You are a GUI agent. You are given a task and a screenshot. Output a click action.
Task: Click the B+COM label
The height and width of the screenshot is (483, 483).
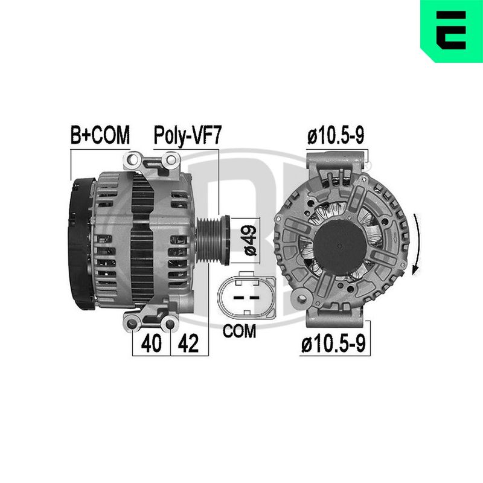(x=100, y=135)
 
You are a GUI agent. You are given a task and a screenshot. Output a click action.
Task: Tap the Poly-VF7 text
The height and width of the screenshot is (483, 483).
(x=187, y=135)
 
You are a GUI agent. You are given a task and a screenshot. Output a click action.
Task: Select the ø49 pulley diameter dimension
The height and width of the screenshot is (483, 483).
(x=250, y=240)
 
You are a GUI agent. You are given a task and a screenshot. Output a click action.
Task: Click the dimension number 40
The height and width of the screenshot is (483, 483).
(x=152, y=343)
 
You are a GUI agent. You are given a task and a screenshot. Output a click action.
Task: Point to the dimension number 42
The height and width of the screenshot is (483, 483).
(x=188, y=343)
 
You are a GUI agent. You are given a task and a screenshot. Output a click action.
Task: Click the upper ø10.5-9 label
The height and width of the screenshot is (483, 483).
(x=336, y=135)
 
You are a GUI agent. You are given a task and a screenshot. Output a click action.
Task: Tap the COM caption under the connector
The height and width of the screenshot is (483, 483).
(x=239, y=331)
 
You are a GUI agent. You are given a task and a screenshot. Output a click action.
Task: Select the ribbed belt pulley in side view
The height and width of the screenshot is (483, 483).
(x=213, y=240)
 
